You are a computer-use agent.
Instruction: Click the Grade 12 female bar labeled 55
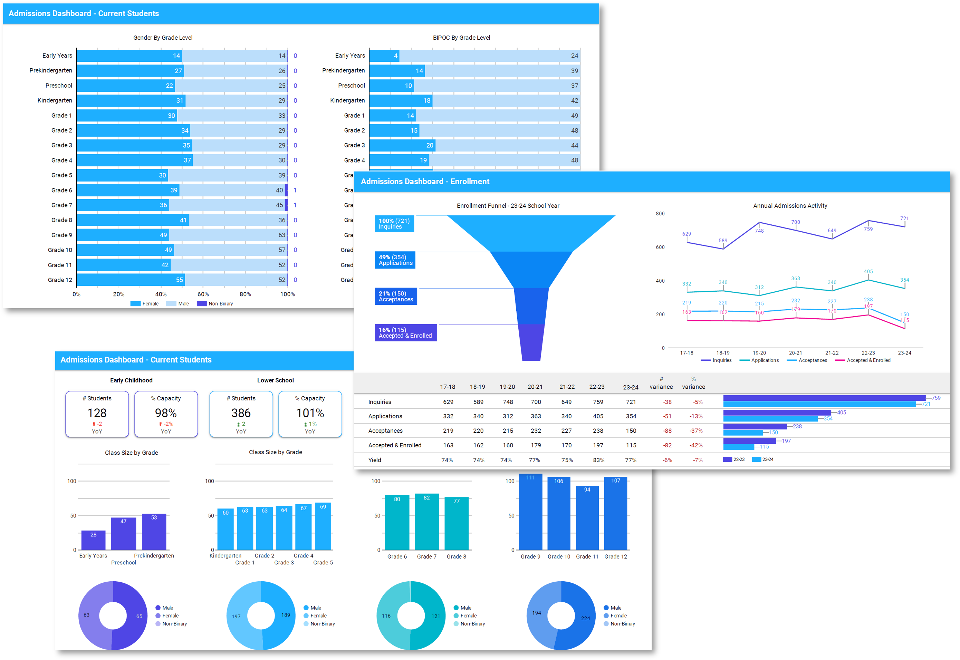131,280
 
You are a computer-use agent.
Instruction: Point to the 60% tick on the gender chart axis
203,294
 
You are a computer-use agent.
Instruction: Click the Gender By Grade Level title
163,38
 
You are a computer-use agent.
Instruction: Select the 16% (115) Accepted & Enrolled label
405,333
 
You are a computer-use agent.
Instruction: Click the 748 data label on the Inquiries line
759,231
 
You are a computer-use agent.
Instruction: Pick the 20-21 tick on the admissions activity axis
795,353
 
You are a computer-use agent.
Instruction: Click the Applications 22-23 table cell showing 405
598,416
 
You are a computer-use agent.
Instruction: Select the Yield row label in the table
375,460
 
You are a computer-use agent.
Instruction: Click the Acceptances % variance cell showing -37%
696,431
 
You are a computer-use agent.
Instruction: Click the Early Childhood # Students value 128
97,413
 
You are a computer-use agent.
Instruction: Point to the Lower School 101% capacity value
310,413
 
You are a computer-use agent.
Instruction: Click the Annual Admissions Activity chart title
790,205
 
